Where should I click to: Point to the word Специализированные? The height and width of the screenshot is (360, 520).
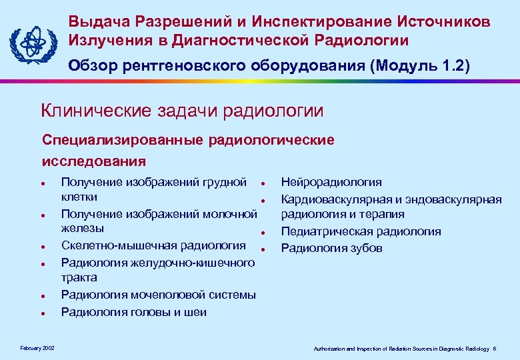[123, 141]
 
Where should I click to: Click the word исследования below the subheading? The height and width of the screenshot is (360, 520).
[93, 161]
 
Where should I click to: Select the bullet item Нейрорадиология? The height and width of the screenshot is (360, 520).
[331, 182]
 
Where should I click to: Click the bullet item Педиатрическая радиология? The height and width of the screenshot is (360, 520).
[361, 231]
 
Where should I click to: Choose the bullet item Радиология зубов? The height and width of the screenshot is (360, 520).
[331, 248]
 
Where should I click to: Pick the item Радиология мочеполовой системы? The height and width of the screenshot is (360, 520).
[158, 295]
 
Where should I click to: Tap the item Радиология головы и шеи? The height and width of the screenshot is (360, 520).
[133, 311]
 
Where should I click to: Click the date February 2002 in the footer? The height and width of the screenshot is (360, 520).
[33, 349]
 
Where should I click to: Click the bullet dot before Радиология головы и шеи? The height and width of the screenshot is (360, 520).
[42, 313]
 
